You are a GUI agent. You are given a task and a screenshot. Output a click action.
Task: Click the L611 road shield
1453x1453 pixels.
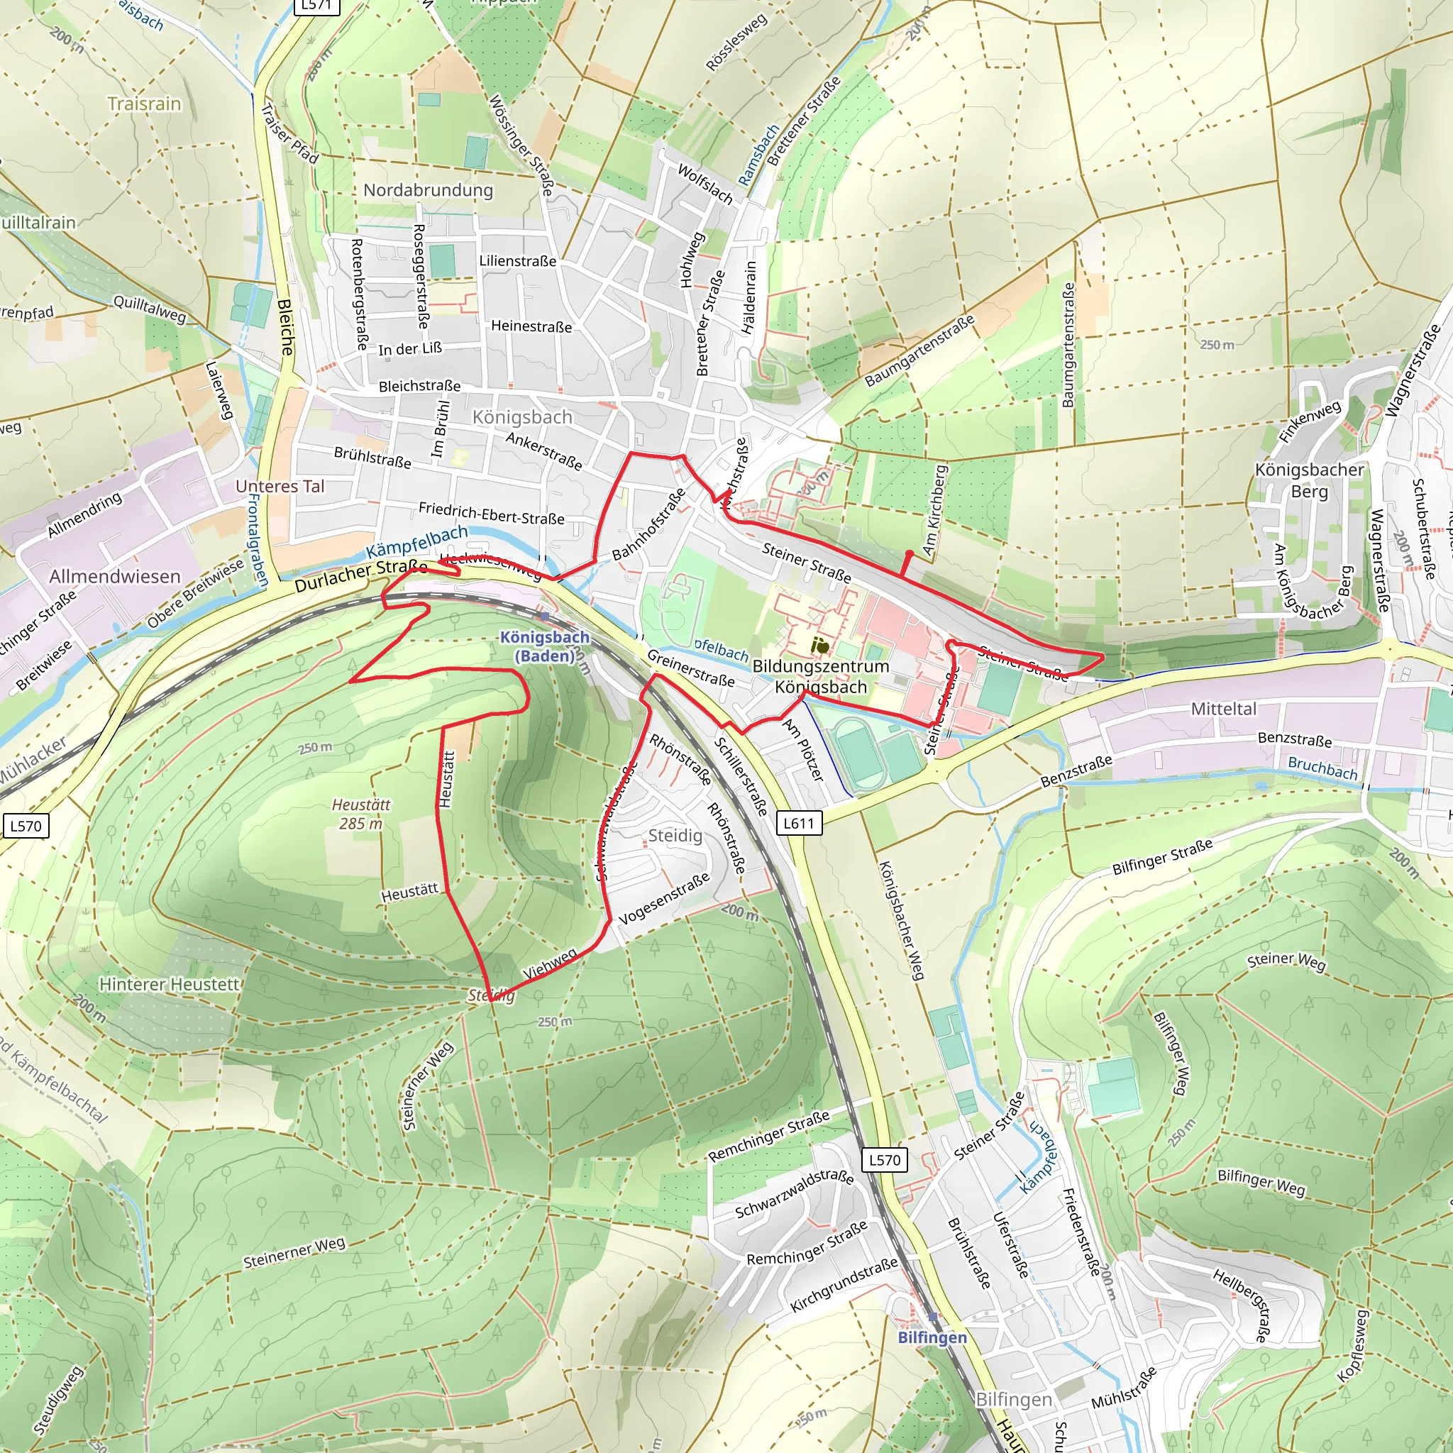[x=799, y=823]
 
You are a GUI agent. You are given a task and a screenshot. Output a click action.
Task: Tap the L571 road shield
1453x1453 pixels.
[x=316, y=5]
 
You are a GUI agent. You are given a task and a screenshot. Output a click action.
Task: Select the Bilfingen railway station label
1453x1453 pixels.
[x=932, y=1337]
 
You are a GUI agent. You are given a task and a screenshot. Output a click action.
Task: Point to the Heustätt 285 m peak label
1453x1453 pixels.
[x=361, y=814]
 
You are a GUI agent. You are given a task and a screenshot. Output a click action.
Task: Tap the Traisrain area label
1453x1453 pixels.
[x=145, y=104]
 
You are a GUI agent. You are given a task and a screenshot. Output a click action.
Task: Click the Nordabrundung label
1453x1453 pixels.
[x=428, y=190]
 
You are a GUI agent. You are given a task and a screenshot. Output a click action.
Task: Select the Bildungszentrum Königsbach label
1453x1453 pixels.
[x=821, y=676]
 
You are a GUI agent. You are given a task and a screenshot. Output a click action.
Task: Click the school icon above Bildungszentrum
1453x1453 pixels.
[x=819, y=646]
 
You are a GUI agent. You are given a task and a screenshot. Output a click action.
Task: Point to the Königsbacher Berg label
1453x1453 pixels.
[x=1310, y=480]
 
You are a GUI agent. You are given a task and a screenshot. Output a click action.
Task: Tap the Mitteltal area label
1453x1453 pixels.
[x=1224, y=709]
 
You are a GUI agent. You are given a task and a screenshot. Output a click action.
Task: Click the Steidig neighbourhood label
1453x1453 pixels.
[x=675, y=836]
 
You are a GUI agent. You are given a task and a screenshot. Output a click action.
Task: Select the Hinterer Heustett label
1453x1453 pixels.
[x=170, y=984]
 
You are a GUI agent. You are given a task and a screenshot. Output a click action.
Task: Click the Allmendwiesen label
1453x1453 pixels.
[x=115, y=576]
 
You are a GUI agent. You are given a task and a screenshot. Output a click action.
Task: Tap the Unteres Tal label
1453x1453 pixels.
[x=280, y=486]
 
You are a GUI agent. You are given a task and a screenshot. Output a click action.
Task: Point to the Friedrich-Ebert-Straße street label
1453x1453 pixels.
[x=491, y=514]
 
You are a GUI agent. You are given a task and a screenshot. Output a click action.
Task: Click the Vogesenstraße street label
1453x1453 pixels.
[x=664, y=899]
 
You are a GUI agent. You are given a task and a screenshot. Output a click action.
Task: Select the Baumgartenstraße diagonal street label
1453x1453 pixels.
[x=919, y=350]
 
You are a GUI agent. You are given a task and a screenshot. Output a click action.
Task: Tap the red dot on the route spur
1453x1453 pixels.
[x=910, y=553]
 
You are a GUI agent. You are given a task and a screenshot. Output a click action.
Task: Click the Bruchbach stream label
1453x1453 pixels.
[x=1323, y=768]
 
